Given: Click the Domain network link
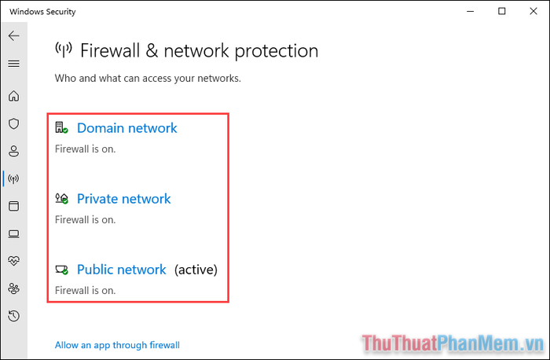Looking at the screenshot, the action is pos(127,128).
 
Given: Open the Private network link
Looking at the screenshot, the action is pos(124,199).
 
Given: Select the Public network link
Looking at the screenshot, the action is pos(121,270).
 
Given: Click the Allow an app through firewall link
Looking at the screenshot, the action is pos(117,345).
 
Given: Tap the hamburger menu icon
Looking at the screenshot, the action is pos(13,64).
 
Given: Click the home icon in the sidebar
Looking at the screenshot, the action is pos(13,96).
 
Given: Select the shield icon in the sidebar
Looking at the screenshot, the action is pos(13,123).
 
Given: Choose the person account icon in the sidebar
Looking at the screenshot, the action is pos(13,151).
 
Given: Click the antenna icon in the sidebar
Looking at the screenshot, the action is pos(13,179).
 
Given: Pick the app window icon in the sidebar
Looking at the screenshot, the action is pos(13,206).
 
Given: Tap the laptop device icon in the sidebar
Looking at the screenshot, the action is pos(13,233).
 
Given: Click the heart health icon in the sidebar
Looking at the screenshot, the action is pos(13,261).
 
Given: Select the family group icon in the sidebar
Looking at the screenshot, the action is pos(13,288).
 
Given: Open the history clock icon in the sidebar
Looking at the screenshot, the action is pos(13,316).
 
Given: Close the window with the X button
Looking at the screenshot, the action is pos(533,11).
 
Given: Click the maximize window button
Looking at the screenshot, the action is pos(502,11).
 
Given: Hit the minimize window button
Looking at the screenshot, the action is pos(471,12).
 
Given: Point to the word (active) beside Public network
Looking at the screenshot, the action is pos(196,270).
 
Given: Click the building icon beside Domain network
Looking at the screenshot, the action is pos(61,127).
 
